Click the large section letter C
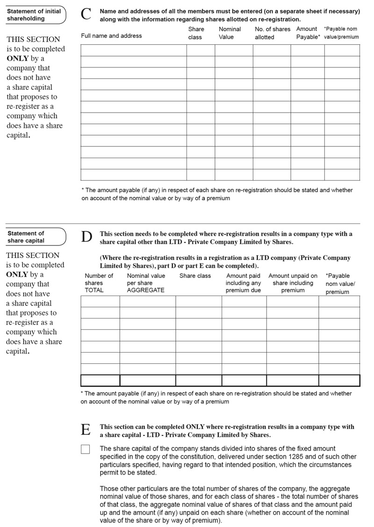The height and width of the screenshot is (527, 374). [x=86, y=14]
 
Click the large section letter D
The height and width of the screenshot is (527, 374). [x=86, y=237]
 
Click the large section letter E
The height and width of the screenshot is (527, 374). [x=86, y=430]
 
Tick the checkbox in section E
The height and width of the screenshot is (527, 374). [x=85, y=449]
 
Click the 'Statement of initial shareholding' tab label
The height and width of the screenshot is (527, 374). [x=34, y=15]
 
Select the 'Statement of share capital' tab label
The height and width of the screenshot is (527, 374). [x=26, y=237]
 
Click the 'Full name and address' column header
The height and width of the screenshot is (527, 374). [x=111, y=36]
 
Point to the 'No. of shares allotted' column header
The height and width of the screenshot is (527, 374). [x=272, y=33]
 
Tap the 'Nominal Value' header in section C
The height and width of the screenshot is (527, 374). [x=230, y=33]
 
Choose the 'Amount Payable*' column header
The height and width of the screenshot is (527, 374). [x=308, y=33]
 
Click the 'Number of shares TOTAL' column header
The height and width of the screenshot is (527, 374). [x=99, y=283]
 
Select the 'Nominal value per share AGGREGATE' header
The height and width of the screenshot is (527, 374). [x=146, y=283]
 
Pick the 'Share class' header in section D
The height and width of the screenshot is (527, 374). [x=195, y=276]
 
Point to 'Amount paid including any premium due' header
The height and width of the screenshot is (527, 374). [x=243, y=283]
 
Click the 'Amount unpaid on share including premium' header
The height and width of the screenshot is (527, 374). [x=293, y=283]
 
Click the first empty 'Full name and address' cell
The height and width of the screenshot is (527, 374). [x=134, y=50]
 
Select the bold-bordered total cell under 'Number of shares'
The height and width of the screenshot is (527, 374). [x=100, y=381]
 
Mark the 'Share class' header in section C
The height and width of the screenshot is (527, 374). [x=196, y=33]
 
